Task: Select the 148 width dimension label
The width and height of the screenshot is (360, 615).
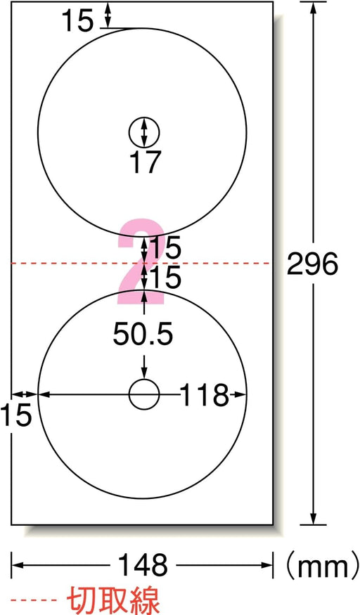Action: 143,565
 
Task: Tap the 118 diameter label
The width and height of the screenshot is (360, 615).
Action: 204,394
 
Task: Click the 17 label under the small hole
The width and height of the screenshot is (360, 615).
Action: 145,162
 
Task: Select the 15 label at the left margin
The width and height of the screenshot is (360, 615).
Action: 15,415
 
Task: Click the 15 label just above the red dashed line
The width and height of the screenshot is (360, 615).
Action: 165,247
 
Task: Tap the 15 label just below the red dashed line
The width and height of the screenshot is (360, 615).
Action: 165,277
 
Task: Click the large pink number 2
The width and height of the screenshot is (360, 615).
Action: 141,262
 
